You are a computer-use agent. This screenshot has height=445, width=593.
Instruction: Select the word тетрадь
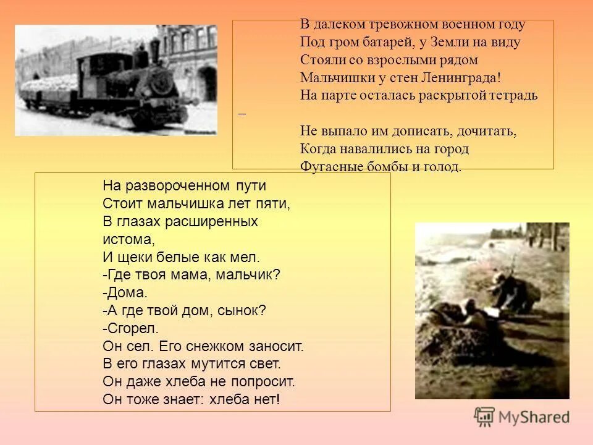tap(512, 96)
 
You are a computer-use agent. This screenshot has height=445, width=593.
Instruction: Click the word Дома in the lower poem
tap(127, 292)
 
